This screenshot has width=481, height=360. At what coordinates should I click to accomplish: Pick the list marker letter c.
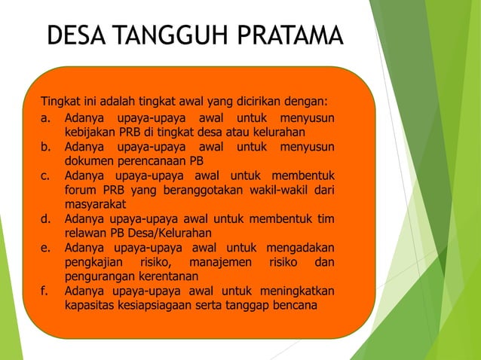[46, 175]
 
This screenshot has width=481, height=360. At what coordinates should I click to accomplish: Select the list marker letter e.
[46, 247]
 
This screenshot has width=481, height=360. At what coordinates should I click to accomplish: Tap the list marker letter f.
[45, 291]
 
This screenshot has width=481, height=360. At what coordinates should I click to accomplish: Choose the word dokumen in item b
[90, 160]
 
